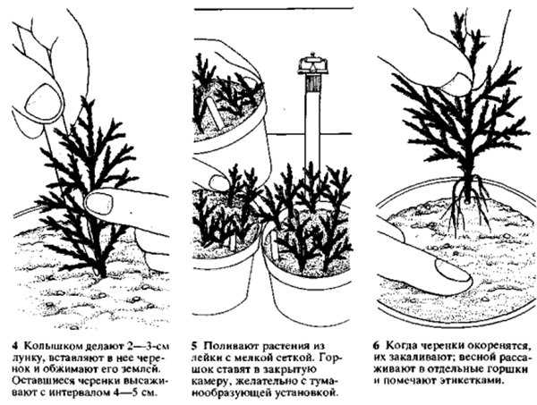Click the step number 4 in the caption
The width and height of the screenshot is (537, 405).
click(x=14, y=346)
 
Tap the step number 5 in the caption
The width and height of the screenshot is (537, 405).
click(x=194, y=346)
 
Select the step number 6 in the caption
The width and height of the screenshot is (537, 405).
click(x=376, y=345)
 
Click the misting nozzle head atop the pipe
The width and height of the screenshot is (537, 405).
click(x=313, y=65)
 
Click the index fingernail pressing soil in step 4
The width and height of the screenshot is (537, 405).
click(x=99, y=203)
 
